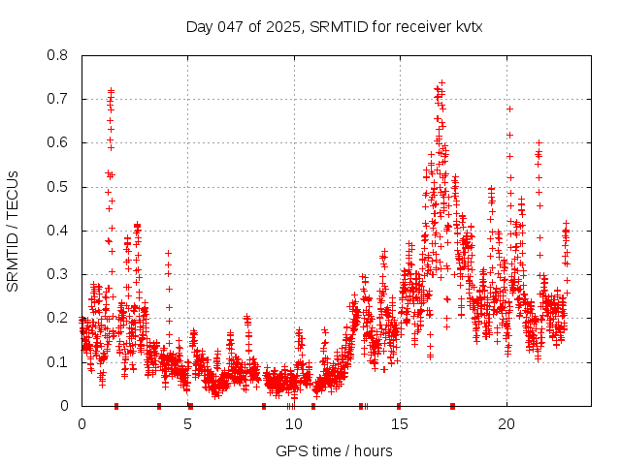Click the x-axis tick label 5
tap(188, 424)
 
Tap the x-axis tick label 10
tap(294, 424)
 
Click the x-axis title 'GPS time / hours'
tap(334, 450)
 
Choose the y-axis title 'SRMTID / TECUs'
tap(13, 231)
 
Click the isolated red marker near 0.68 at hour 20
tap(509, 108)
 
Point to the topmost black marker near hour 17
tap(441, 82)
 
